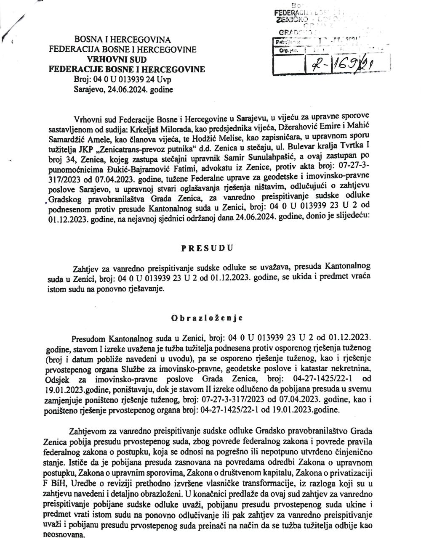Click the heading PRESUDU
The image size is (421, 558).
click(x=207, y=248)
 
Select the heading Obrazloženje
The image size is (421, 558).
click(x=207, y=318)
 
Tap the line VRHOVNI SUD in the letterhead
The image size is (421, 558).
click(x=123, y=59)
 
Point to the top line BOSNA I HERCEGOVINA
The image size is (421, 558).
click(x=123, y=40)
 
